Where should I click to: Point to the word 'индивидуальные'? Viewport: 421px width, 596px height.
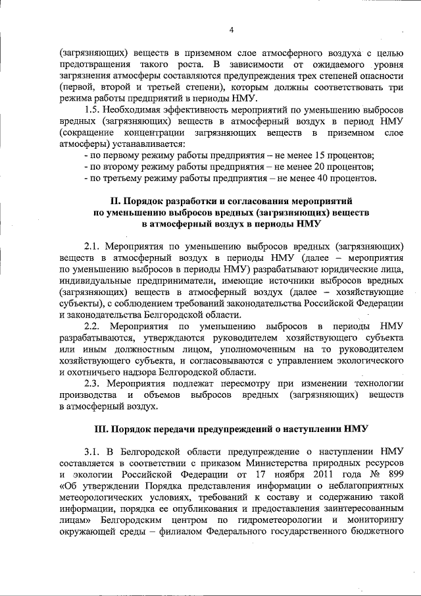tap(93, 280)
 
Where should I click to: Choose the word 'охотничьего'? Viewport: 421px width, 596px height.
tap(88, 373)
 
